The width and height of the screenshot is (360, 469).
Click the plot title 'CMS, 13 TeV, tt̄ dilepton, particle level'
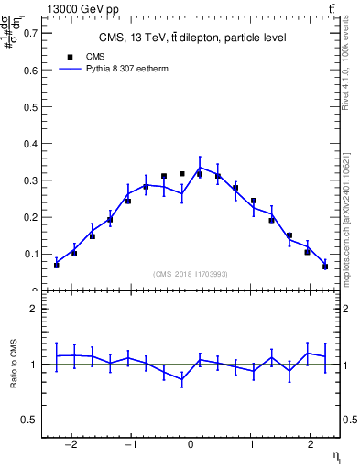192,38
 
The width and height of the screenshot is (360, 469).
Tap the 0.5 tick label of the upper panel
31,107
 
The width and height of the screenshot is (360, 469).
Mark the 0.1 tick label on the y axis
31,254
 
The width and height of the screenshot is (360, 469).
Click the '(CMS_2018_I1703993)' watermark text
191,274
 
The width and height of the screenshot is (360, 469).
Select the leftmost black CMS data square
56,265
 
